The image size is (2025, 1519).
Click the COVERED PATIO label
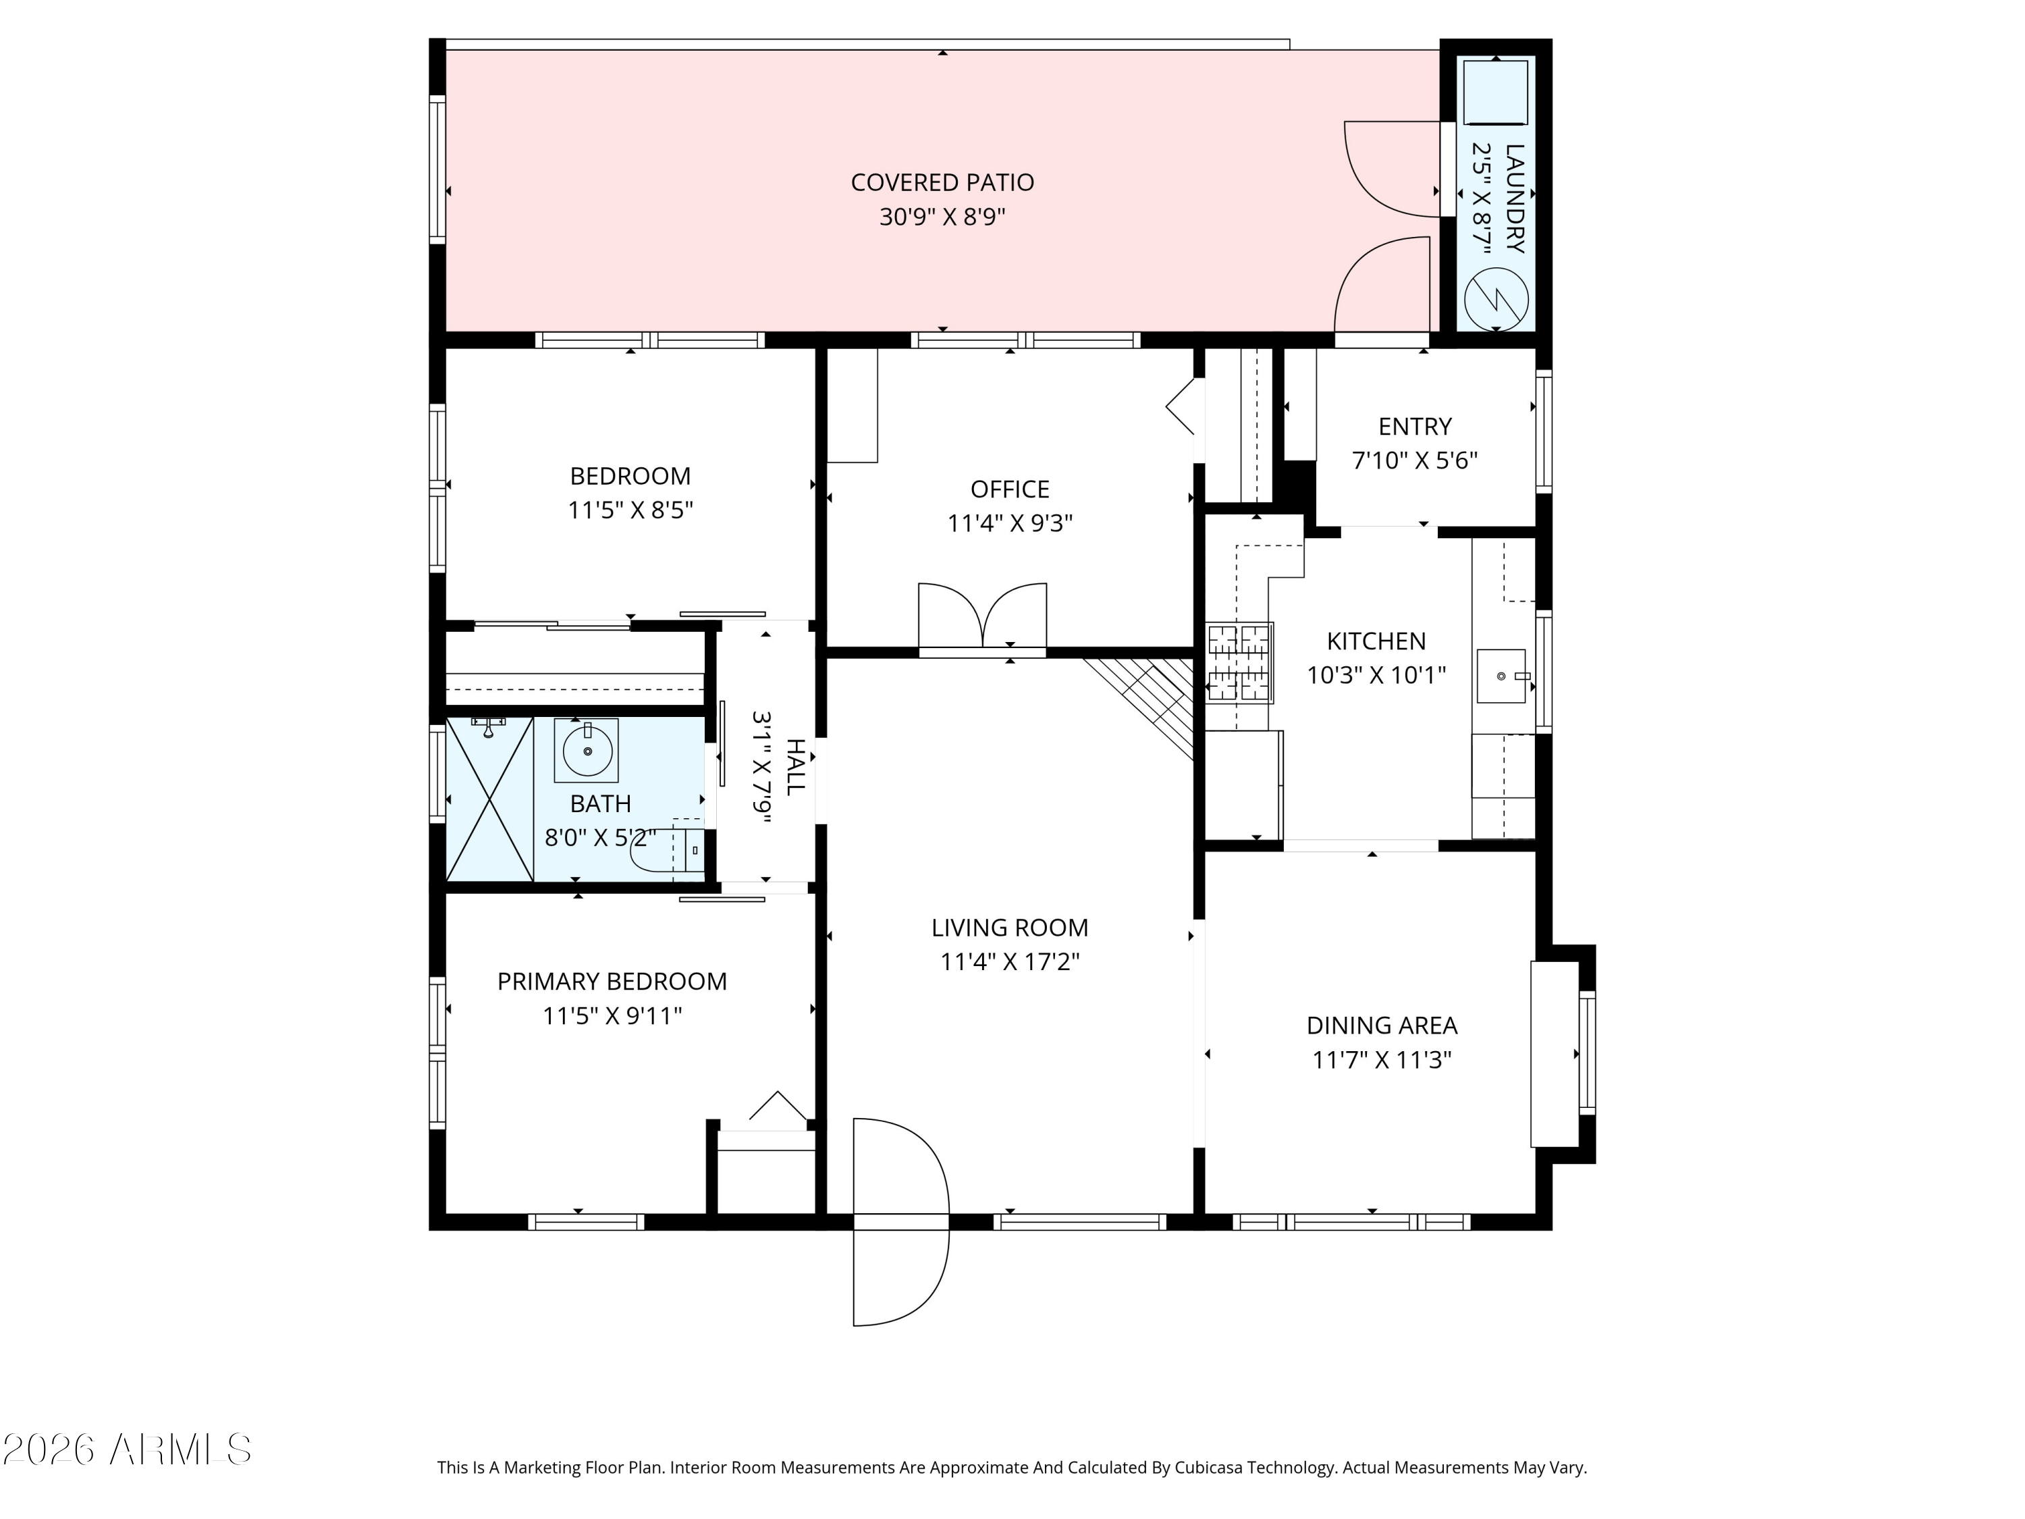pos(942,182)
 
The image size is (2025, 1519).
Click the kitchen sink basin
pos(1501,676)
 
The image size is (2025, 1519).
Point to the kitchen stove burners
pos(1239,662)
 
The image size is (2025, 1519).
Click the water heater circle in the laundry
pos(1496,299)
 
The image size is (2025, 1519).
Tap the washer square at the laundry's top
pos(1495,92)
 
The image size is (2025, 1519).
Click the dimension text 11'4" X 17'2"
pos(1010,962)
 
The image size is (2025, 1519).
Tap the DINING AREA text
pos(1382,1025)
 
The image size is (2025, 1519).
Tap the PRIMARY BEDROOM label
pos(612,982)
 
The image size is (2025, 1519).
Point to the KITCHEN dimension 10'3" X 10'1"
pos(1376,676)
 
